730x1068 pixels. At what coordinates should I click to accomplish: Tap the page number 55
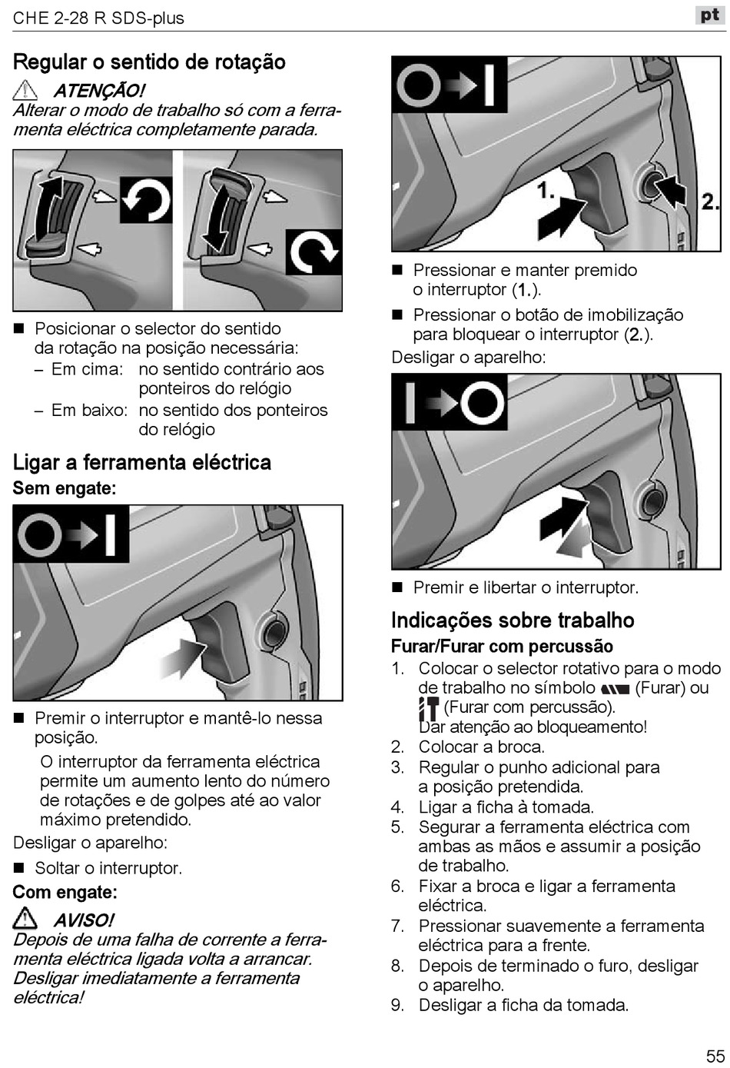pyautogui.click(x=715, y=1056)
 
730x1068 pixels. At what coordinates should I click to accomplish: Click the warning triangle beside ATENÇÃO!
pyautogui.click(x=25, y=90)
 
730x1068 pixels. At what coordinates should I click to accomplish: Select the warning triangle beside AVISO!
pyautogui.click(x=25, y=918)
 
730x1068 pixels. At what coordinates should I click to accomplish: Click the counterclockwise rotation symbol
pyautogui.click(x=146, y=200)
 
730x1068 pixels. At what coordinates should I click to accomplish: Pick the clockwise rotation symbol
pyautogui.click(x=314, y=252)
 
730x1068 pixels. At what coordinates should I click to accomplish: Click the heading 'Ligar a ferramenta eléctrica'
pyautogui.click(x=142, y=462)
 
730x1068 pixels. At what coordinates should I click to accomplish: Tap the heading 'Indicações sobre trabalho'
pyautogui.click(x=513, y=621)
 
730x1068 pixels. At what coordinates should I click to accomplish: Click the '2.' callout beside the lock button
pyautogui.click(x=710, y=201)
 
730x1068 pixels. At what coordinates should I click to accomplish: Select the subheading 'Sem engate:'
pyautogui.click(x=65, y=488)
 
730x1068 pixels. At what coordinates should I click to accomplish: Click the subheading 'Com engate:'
pyautogui.click(x=65, y=893)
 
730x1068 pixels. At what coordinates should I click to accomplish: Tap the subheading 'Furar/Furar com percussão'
pyautogui.click(x=502, y=647)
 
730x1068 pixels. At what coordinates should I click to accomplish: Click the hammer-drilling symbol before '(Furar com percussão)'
pyautogui.click(x=429, y=708)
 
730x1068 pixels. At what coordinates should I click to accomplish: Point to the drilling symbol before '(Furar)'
pyautogui.click(x=616, y=689)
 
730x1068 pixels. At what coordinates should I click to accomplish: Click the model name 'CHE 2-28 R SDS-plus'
pyautogui.click(x=98, y=18)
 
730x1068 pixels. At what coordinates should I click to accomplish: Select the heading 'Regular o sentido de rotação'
pyautogui.click(x=149, y=62)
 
